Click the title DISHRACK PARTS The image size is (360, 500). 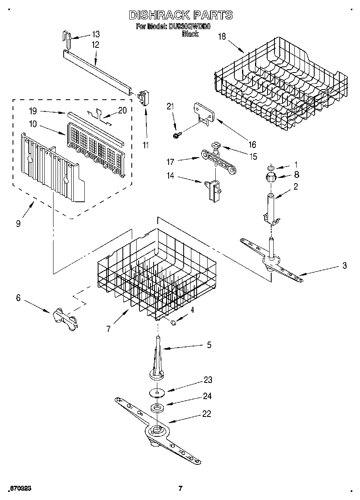180,15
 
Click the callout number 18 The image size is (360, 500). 222,36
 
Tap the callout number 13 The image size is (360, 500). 95,34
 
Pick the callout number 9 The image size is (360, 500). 18,223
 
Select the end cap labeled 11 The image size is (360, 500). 144,98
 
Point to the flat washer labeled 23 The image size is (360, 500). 156,392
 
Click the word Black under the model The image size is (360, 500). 190,34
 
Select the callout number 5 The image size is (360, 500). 209,345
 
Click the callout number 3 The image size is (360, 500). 344,266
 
